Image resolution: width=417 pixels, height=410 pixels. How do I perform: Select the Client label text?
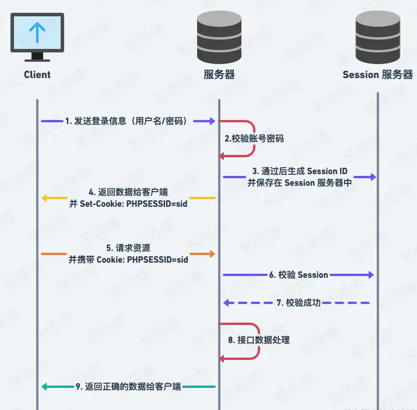coord(37,75)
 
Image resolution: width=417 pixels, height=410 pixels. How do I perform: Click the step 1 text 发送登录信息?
coord(128,121)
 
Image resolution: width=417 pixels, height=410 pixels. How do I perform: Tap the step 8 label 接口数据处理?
coord(259,340)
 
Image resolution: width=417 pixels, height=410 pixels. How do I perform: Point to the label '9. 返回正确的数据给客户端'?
coord(128,387)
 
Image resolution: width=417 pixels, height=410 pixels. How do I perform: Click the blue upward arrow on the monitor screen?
coord(37,33)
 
